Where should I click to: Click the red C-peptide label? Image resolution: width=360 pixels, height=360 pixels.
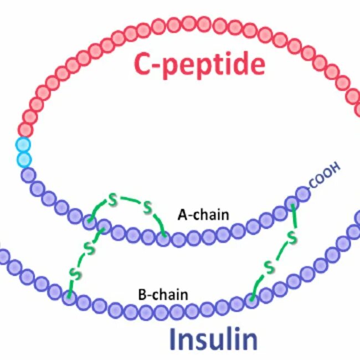point(199,65)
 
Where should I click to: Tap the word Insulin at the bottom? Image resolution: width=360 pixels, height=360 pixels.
point(213,337)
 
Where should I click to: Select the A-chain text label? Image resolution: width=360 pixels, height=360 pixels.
point(203,214)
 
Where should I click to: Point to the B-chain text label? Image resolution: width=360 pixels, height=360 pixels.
point(163,294)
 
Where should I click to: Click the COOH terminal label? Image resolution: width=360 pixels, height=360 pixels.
point(324,177)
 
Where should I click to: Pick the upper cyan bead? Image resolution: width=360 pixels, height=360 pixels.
point(23,146)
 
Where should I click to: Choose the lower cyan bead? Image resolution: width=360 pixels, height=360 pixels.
point(23,160)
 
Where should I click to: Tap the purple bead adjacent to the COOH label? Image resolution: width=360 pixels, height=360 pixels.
point(302,194)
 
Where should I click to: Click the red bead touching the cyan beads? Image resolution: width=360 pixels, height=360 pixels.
point(25,130)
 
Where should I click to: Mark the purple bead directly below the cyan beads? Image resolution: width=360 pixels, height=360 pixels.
point(28,175)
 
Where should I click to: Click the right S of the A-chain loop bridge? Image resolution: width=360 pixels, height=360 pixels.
point(147,208)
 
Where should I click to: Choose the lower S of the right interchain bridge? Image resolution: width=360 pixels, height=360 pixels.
point(270,268)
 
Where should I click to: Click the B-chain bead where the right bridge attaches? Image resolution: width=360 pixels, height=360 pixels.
point(251,301)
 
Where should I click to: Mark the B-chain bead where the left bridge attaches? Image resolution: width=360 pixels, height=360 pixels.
point(69,298)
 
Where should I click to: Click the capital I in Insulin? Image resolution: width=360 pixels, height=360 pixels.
point(172,337)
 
